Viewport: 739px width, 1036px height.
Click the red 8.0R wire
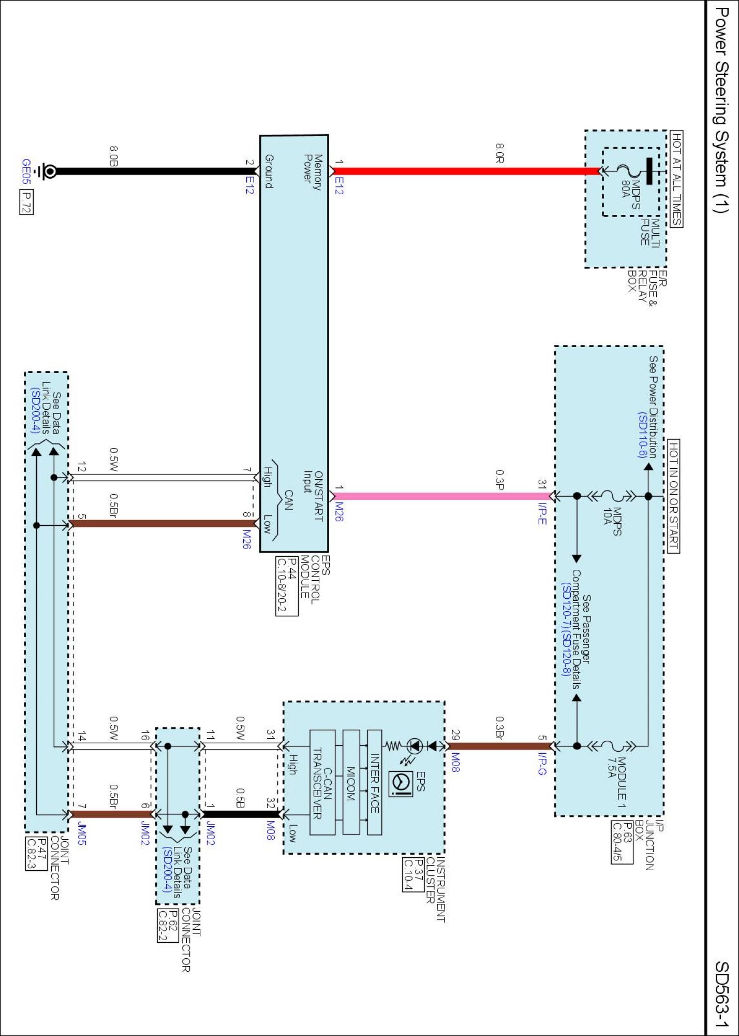466,171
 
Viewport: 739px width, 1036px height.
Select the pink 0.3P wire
440,496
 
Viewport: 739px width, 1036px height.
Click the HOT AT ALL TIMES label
676,179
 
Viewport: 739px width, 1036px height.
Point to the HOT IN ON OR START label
673,496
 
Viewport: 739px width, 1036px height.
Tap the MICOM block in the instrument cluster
351,783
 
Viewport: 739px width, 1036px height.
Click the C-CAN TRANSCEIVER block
322,783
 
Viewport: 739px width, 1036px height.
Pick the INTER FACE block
375,783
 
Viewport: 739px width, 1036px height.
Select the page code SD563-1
722,995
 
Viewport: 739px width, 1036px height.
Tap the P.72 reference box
26,202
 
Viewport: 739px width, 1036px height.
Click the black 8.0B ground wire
155,171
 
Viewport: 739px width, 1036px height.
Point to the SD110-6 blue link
642,435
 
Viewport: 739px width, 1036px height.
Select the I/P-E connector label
542,513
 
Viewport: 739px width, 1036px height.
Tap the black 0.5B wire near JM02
241,814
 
